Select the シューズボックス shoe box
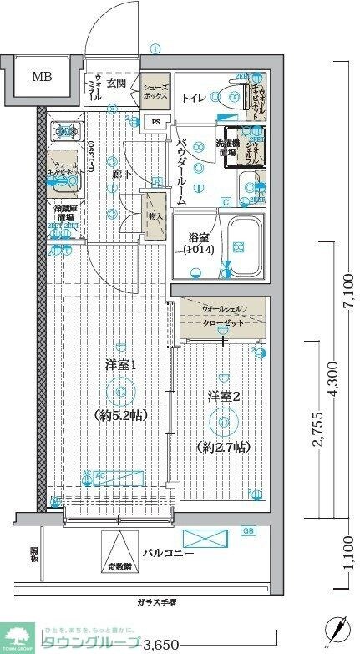pos(155,91)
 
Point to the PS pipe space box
pos(156,122)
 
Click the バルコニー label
pos(167,554)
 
